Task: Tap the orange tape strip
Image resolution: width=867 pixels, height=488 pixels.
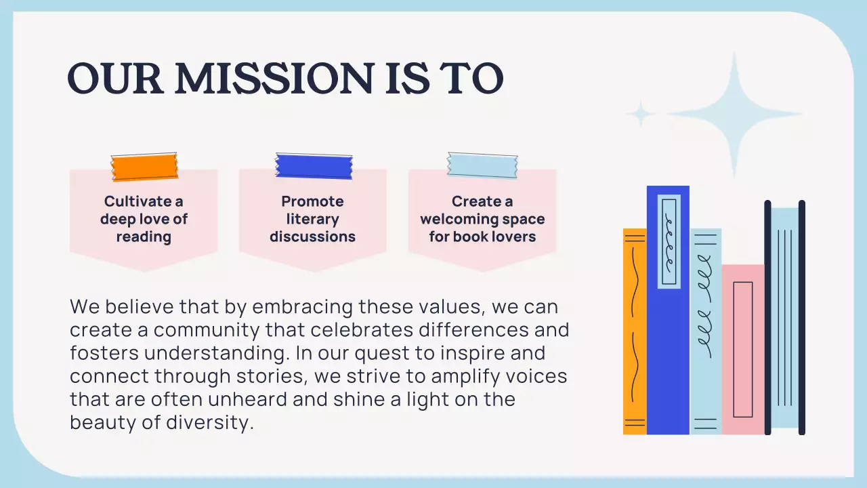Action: pos(144,167)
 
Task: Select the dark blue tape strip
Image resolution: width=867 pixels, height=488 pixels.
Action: pos(314,166)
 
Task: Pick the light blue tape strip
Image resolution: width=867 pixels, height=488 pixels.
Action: pos(482,165)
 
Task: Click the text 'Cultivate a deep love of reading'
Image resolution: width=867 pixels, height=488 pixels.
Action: pos(144,219)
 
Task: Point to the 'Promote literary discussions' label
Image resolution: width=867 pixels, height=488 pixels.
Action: pos(312,219)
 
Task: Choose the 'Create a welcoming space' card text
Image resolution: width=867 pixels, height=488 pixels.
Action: pos(482,219)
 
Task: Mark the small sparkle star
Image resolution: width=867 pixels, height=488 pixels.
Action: pos(639,114)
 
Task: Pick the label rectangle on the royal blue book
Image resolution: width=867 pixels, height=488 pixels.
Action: pos(669,242)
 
